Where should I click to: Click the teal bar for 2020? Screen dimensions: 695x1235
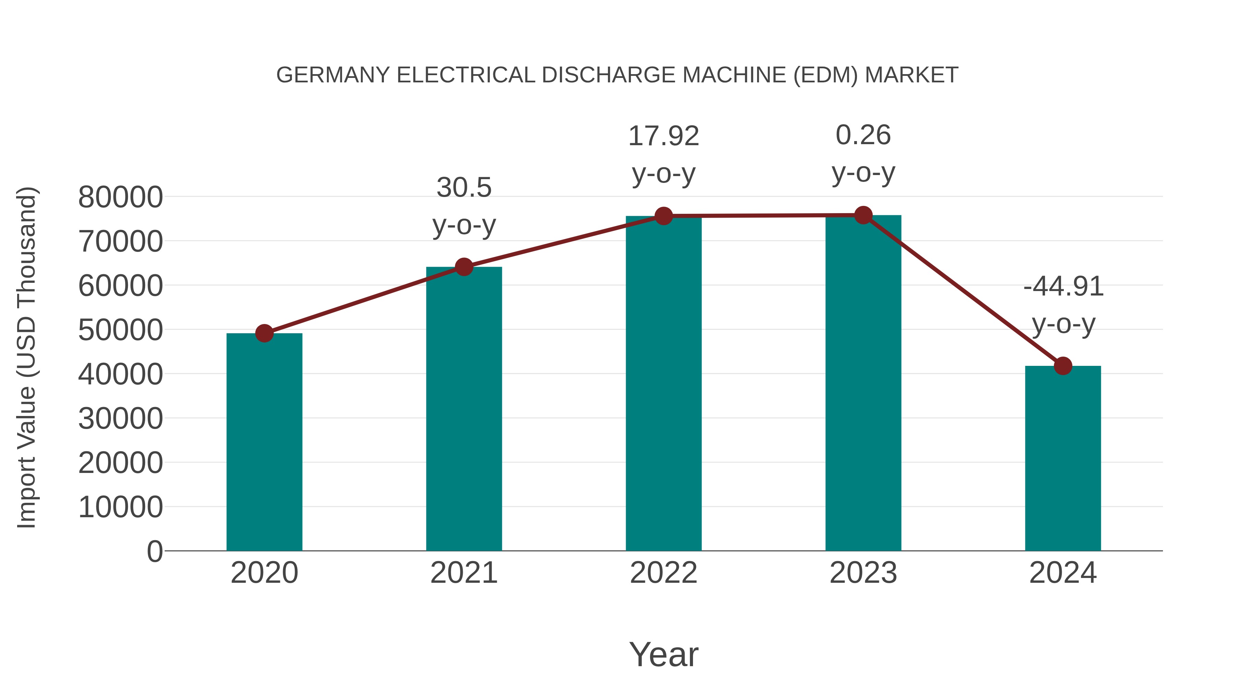pyautogui.click(x=264, y=441)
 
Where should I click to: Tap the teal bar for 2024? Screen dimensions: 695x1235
pyautogui.click(x=1062, y=458)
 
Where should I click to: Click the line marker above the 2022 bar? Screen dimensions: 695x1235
pyautogui.click(x=663, y=216)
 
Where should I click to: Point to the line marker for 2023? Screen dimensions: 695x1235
pyautogui.click(x=863, y=215)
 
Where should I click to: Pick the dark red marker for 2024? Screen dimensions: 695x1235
pyautogui.click(x=1062, y=366)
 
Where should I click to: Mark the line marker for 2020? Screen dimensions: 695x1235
pyautogui.click(x=264, y=333)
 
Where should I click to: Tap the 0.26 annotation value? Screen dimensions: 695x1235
pyautogui.click(x=863, y=135)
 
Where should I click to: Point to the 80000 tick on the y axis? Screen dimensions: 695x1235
pyautogui.click(x=120, y=197)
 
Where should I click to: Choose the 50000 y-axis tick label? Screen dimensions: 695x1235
pyautogui.click(x=120, y=330)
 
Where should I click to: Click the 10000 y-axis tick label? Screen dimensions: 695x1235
pyautogui.click(x=120, y=507)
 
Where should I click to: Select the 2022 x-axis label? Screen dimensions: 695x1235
pyautogui.click(x=663, y=573)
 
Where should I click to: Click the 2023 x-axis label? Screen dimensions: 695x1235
pyautogui.click(x=863, y=573)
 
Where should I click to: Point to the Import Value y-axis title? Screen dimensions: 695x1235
pyautogui.click(x=27, y=357)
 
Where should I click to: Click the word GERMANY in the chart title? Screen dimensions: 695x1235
pyautogui.click(x=333, y=75)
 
